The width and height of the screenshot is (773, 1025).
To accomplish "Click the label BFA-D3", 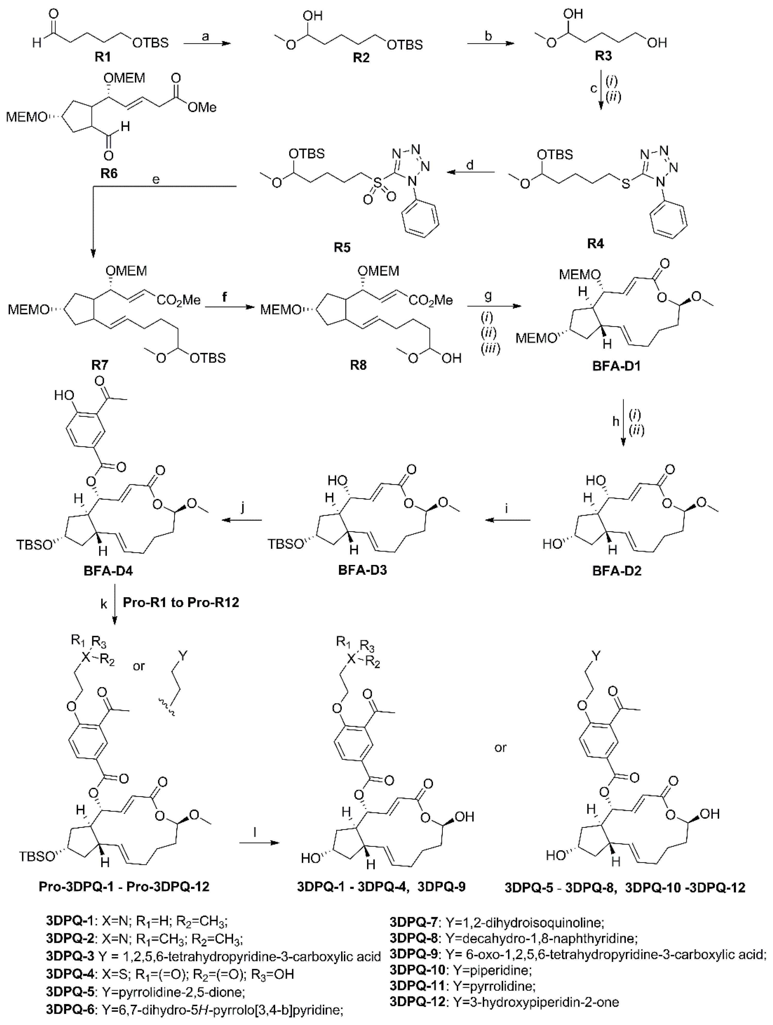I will [362, 570].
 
